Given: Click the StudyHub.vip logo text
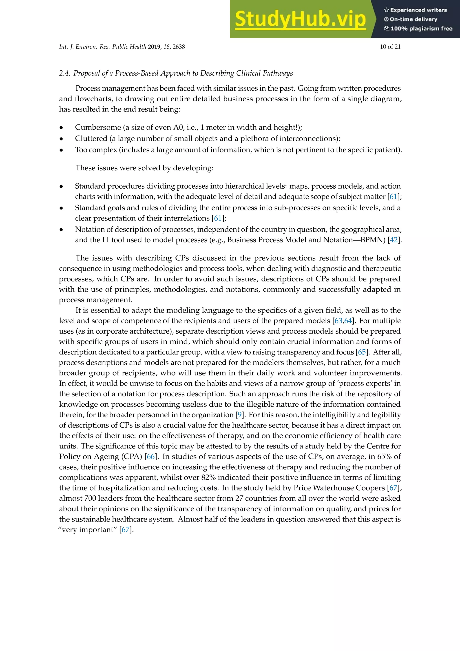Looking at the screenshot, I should pyautogui.click(x=300, y=19).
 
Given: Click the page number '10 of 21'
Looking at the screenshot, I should pyautogui.click(x=390, y=47).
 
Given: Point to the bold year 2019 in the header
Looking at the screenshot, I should pyautogui.click(x=154, y=47).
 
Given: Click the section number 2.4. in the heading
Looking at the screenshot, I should pyautogui.click(x=65, y=73).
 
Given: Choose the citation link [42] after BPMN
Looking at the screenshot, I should pyautogui.click(x=394, y=240).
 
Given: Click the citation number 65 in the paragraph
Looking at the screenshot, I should pyautogui.click(x=362, y=352).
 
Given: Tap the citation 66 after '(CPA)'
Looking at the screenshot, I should pyautogui.click(x=151, y=457).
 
